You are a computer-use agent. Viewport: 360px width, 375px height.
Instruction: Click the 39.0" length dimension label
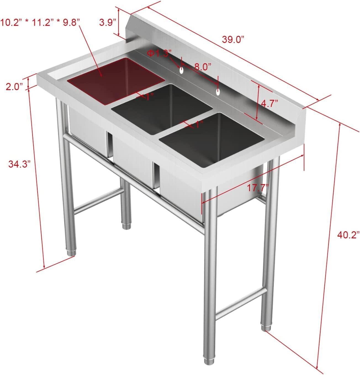(x=234, y=40)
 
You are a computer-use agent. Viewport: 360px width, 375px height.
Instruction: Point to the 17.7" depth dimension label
(x=258, y=188)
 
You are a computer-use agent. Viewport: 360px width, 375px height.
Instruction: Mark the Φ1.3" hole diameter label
(x=159, y=53)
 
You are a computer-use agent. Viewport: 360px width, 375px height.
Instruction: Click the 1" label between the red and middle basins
(x=148, y=96)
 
